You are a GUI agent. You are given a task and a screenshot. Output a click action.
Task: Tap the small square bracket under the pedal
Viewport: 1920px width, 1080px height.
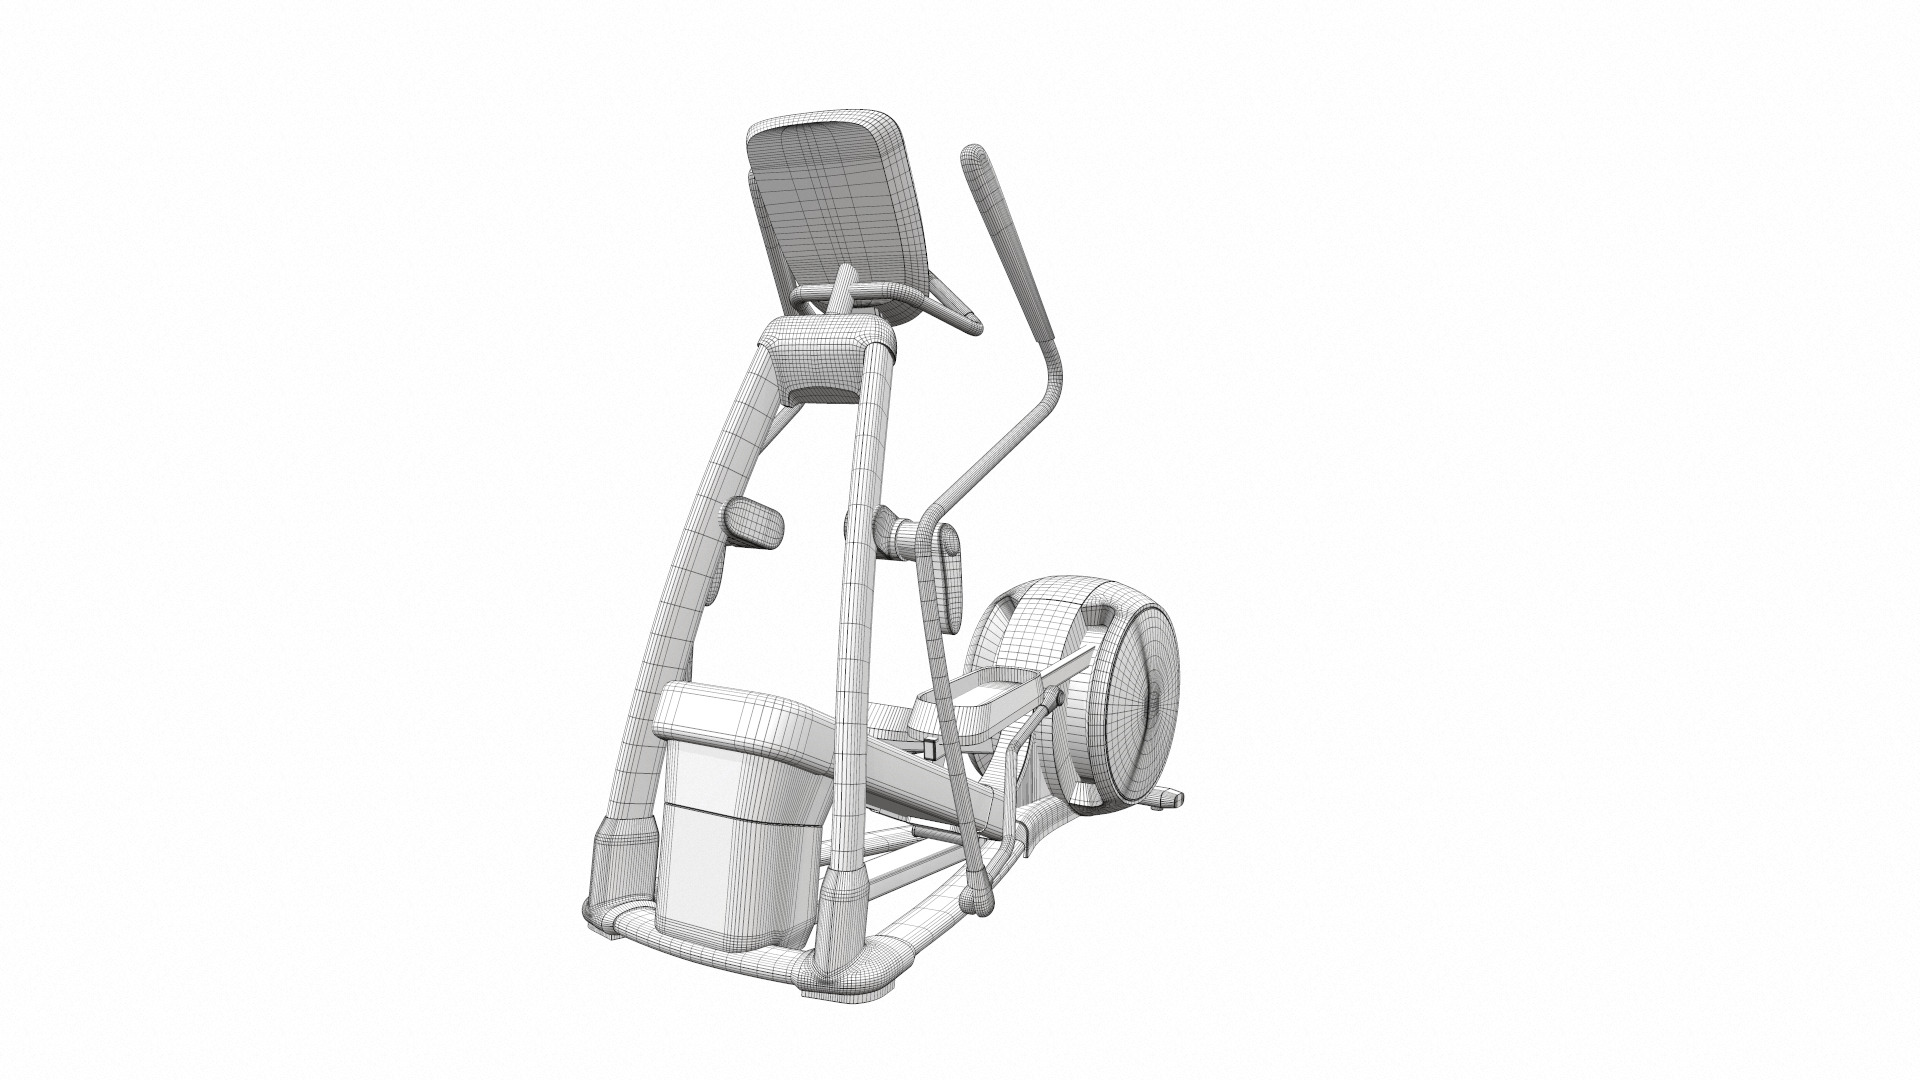click(x=931, y=749)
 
